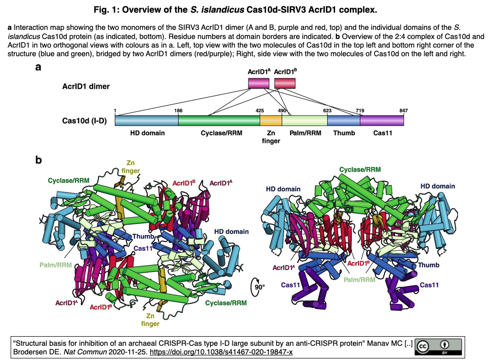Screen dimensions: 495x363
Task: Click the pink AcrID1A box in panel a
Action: [x=258, y=84]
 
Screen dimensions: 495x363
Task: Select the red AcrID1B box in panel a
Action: [x=285, y=84]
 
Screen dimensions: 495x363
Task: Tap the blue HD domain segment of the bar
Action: [x=146, y=120]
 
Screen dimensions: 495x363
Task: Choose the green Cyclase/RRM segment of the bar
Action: [x=219, y=120]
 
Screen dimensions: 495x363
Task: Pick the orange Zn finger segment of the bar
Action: [x=271, y=120]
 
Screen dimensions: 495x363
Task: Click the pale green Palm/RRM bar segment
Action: [x=305, y=120]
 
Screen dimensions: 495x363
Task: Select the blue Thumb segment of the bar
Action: [x=344, y=120]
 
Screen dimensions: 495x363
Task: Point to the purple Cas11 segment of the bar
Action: [x=382, y=120]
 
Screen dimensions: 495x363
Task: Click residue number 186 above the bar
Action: [x=178, y=110]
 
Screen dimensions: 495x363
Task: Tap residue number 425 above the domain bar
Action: [x=260, y=110]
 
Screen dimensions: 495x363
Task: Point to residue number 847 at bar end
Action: [x=403, y=110]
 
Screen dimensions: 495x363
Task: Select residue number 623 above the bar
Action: [x=327, y=110]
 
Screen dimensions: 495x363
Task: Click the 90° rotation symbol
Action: [x=259, y=287]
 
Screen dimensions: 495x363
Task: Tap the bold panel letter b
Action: [x=38, y=160]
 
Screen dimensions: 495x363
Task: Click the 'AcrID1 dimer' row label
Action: [x=86, y=86]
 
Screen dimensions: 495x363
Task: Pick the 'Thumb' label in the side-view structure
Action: [x=427, y=265]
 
